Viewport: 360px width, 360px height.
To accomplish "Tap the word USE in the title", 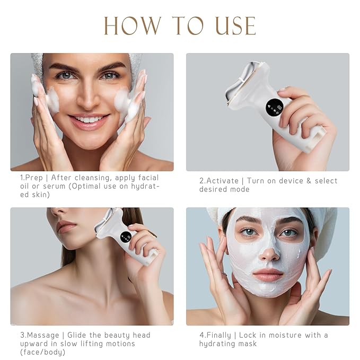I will click(x=231, y=26).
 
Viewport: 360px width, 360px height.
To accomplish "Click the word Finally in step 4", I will click(x=218, y=335).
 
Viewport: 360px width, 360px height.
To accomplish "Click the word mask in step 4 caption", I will click(x=247, y=344).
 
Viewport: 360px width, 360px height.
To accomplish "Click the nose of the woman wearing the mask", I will click(x=269, y=249).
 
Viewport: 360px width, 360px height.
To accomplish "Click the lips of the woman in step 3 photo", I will click(x=66, y=227).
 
